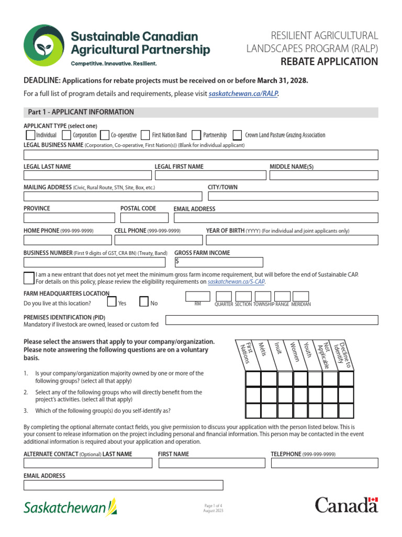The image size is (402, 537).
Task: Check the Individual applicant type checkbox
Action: click(x=30, y=135)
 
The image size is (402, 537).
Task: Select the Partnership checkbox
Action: click(x=196, y=135)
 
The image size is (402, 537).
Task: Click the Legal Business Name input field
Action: click(x=201, y=155)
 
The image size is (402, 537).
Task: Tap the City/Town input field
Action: click(x=293, y=196)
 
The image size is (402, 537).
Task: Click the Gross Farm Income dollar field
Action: click(x=219, y=262)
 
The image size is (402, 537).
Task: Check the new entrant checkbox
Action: click(x=29, y=278)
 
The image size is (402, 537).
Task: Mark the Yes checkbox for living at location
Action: click(x=111, y=302)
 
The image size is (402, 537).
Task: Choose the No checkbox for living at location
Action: click(x=144, y=302)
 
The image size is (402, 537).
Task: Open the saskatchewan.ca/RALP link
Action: click(x=243, y=94)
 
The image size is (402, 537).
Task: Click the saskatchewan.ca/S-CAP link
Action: click(x=236, y=282)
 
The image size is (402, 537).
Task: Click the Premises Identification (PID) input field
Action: click(x=272, y=320)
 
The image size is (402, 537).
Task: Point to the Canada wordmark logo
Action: click(x=346, y=506)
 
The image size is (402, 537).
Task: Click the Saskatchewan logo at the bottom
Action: click(x=70, y=508)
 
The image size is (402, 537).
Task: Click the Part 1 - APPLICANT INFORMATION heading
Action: click(x=81, y=112)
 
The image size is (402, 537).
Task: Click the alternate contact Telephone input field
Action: click(x=324, y=463)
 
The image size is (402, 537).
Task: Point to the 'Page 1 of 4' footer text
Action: click(x=213, y=505)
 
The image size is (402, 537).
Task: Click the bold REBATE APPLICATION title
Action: click(x=329, y=62)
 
